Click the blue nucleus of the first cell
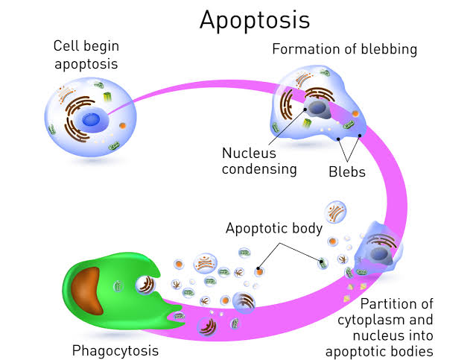(92, 119)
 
